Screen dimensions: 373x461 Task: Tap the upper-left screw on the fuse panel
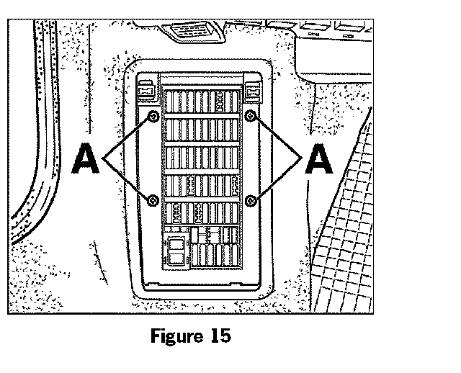click(x=153, y=117)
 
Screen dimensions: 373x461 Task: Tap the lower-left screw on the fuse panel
click(x=153, y=199)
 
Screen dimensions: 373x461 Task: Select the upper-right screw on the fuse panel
click(x=251, y=117)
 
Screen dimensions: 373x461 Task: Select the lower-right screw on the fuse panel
click(x=251, y=199)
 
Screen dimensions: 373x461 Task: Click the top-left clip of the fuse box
click(x=147, y=91)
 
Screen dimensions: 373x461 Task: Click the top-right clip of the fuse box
click(x=254, y=91)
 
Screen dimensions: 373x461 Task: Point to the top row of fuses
click(x=201, y=100)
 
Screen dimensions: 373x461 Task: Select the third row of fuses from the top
click(x=201, y=158)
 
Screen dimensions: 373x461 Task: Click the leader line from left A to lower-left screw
click(x=128, y=179)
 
